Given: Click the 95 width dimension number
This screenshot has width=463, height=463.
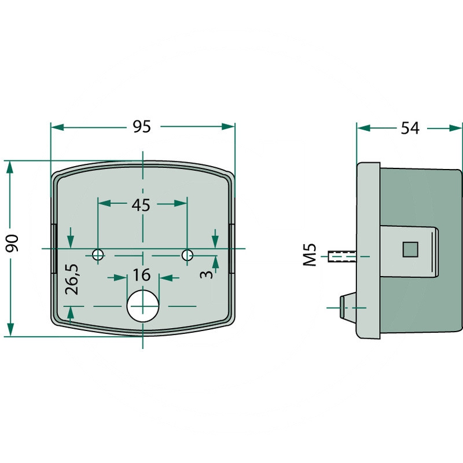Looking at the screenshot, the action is tap(142, 127).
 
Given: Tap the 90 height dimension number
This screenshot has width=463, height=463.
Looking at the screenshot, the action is tap(12, 243).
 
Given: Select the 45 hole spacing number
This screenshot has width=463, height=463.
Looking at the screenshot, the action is tap(141, 205).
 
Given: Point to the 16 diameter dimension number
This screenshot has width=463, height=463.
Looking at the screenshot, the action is tap(142, 275).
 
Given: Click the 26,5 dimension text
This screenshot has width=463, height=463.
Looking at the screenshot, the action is tap(72, 280).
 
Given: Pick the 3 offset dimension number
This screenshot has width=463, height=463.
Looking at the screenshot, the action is tap(206, 274).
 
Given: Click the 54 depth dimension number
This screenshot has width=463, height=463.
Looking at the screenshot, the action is tap(410, 128).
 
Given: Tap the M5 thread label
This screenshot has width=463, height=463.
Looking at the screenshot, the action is tap(310, 255).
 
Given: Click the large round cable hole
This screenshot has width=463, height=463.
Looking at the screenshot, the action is tap(143, 306).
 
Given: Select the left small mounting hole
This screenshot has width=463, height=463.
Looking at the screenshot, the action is tap(98, 254).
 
